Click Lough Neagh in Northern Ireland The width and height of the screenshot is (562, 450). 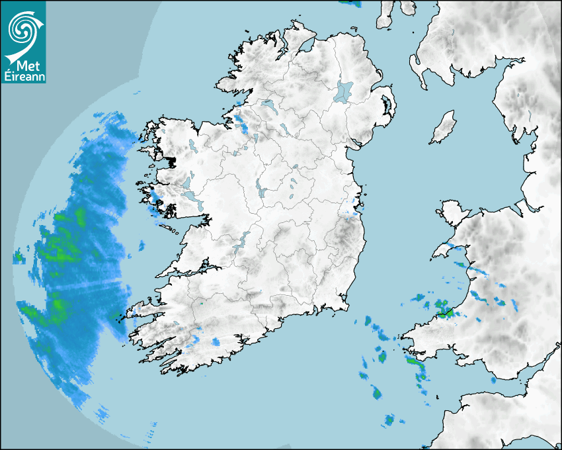click(344, 91)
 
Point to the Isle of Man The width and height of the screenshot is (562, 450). click(444, 128)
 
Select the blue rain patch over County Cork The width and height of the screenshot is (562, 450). click(216, 342)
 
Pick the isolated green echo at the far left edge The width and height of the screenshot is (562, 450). click(18, 257)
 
